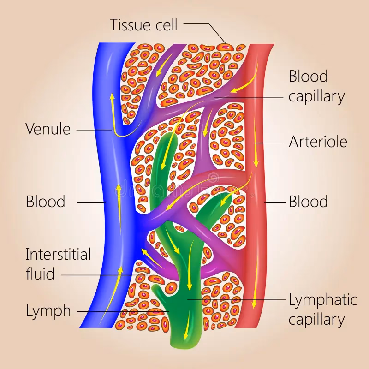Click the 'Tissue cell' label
(143, 24)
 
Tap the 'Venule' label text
(48, 129)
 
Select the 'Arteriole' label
(318, 142)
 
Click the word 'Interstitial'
(58, 254)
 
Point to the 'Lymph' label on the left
(48, 311)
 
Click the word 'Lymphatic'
(323, 300)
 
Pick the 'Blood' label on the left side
(45, 202)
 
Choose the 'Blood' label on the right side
(308, 202)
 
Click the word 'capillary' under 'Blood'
(317, 96)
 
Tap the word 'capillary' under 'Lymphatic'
(317, 319)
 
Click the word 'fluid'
(40, 274)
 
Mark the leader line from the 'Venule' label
(92, 130)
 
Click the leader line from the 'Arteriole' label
(270, 143)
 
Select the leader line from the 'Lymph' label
(120, 311)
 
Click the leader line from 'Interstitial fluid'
(101, 275)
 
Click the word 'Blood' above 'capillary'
(308, 77)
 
